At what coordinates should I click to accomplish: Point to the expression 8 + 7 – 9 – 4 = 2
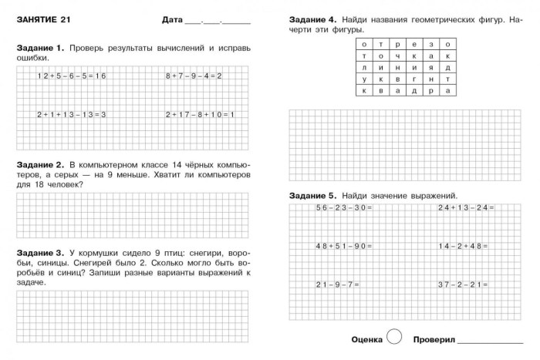[x=194, y=76]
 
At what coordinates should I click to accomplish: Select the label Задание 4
[x=312, y=19]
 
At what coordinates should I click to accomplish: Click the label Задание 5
[x=312, y=195]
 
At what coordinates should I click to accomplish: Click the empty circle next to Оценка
[x=393, y=338]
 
